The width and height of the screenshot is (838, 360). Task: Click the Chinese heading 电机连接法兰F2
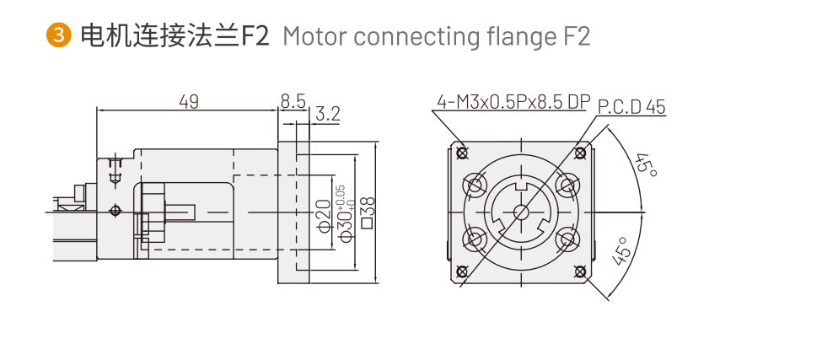[x=173, y=36]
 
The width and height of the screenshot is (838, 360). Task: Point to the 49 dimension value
[x=189, y=102]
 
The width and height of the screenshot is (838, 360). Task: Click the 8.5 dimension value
[x=293, y=102]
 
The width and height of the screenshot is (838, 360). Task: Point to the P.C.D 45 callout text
[x=631, y=107]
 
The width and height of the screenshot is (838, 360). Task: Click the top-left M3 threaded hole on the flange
[x=461, y=153]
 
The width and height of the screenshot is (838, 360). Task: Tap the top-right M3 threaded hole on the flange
[x=580, y=153]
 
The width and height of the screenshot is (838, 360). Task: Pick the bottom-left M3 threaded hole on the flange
[x=461, y=271]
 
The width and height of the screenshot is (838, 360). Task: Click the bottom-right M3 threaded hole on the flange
[x=580, y=271]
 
